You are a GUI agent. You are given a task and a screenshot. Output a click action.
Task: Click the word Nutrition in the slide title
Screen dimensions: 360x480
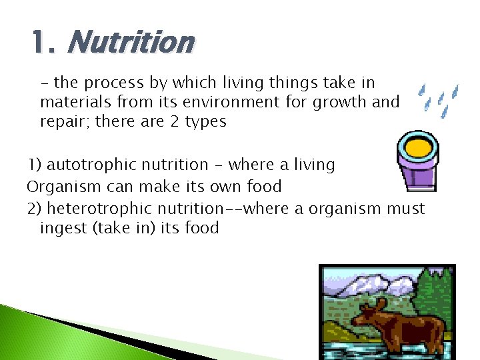(130, 43)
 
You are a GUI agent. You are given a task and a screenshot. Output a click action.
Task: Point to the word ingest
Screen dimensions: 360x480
(63, 228)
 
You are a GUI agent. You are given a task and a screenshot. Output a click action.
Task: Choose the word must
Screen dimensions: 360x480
(403, 209)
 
